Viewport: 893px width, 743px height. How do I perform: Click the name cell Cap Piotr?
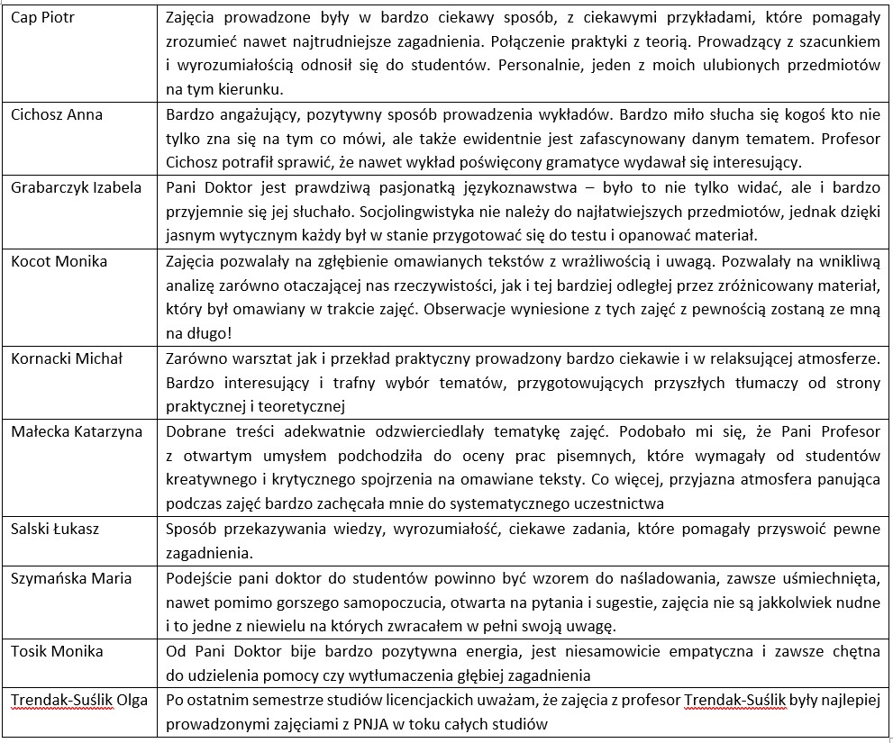42,18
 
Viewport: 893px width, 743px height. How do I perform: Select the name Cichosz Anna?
57,115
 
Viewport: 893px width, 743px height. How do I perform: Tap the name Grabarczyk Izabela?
77,187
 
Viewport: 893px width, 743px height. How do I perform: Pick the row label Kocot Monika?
59,261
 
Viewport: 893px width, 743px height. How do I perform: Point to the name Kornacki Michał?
67,358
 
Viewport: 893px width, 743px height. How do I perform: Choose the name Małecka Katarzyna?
77,431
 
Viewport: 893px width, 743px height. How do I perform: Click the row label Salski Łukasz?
55,529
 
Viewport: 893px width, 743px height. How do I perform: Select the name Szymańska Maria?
71,578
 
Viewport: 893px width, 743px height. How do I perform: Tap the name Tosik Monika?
57,651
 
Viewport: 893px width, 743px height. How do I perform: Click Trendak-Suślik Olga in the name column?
79,700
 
